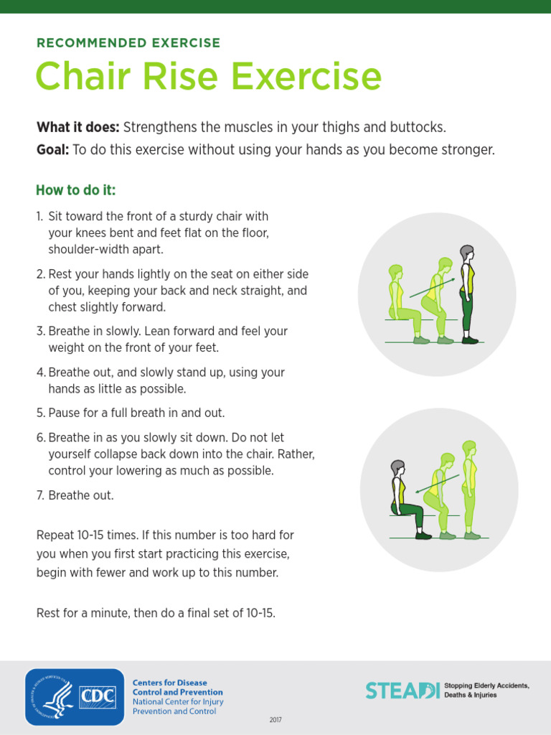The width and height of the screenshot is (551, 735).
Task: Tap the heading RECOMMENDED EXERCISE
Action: tap(128, 43)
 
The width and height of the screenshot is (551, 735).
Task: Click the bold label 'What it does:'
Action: tap(78, 127)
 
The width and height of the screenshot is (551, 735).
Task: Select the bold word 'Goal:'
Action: tap(53, 149)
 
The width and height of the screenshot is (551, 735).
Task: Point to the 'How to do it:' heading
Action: tap(76, 189)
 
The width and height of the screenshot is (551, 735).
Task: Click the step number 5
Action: tap(40, 413)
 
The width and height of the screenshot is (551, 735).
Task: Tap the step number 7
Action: tap(40, 495)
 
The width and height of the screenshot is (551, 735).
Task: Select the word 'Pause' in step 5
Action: tap(64, 413)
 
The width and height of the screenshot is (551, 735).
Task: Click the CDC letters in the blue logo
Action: tap(98, 696)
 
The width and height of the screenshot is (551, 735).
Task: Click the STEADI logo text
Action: tap(402, 690)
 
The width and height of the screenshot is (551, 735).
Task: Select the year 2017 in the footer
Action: tap(275, 719)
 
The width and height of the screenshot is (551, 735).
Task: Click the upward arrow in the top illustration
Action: tap(432, 288)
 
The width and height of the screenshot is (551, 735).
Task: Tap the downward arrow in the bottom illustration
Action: tap(438, 484)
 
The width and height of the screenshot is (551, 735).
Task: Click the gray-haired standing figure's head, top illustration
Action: tap(466, 253)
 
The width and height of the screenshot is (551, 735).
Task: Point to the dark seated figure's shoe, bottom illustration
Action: tap(423, 535)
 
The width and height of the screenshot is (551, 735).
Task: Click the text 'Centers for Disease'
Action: tap(169, 683)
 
